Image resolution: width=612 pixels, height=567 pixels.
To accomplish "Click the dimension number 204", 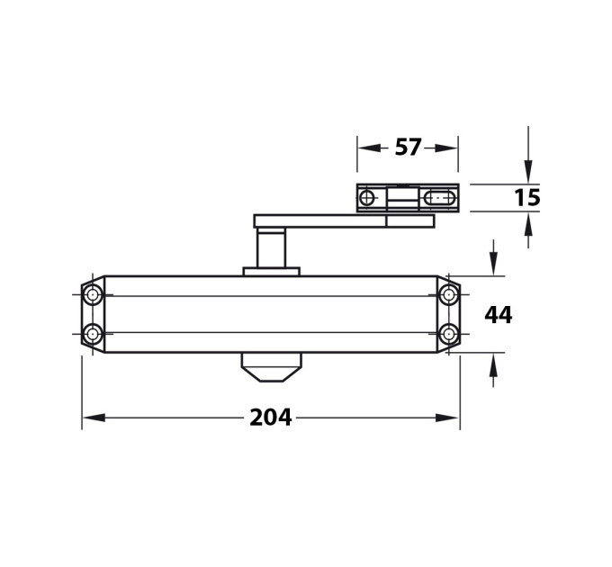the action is [x=271, y=418].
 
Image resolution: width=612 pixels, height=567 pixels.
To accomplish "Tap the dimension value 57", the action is [x=408, y=148].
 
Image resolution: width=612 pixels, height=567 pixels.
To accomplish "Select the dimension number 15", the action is [x=527, y=197].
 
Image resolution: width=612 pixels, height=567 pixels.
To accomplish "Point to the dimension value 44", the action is [x=498, y=315].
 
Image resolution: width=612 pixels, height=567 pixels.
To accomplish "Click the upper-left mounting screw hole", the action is [x=93, y=294].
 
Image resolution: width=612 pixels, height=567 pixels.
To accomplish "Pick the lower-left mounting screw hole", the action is [x=93, y=334].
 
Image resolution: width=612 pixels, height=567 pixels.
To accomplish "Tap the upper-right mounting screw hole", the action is [x=449, y=294].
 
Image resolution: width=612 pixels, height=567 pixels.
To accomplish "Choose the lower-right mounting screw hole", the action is [x=449, y=334].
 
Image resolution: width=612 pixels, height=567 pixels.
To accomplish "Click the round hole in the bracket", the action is [x=366, y=198].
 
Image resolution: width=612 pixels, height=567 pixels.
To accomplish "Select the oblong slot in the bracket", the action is [x=439, y=198].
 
